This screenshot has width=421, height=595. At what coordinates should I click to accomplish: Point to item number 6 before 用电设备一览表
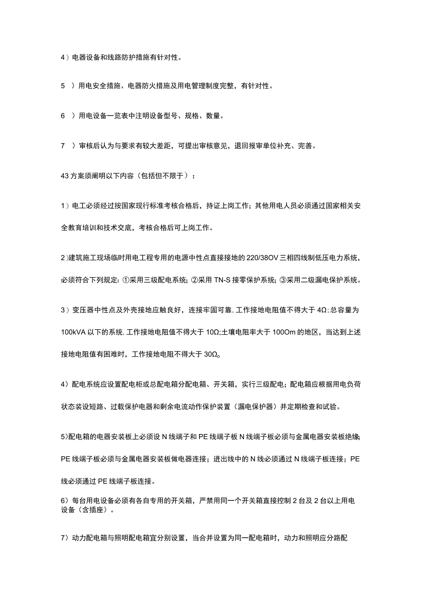tap(63, 116)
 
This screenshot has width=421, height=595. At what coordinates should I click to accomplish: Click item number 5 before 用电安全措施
tap(63, 86)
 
